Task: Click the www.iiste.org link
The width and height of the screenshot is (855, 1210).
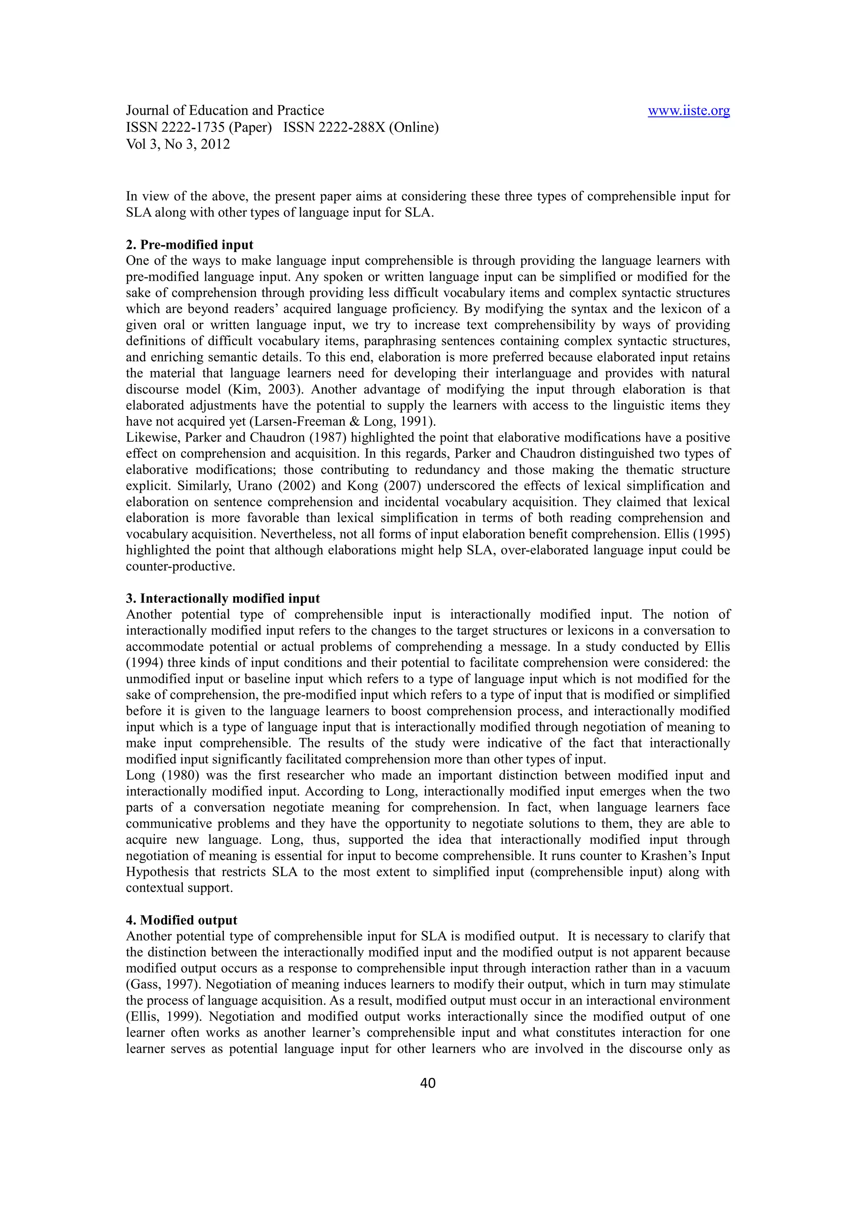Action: pos(688,111)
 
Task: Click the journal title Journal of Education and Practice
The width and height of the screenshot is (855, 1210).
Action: pos(225,111)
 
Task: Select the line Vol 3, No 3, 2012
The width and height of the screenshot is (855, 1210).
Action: pos(178,144)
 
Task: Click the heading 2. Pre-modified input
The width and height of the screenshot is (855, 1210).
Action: pos(190,245)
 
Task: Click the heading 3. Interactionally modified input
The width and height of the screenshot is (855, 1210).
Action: pos(223,598)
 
